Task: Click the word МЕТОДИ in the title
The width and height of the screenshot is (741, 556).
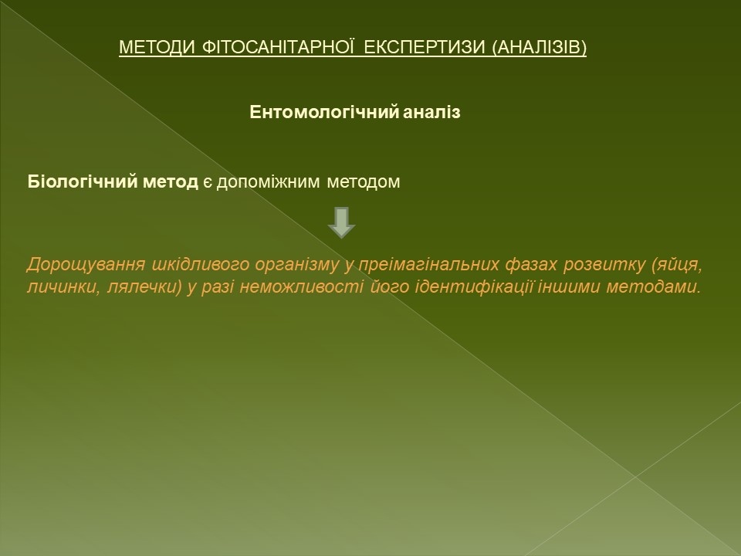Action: (157, 47)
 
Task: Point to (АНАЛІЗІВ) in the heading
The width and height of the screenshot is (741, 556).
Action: (540, 47)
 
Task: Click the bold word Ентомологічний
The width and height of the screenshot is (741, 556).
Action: (325, 113)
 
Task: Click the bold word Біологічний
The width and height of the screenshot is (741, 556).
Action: (83, 181)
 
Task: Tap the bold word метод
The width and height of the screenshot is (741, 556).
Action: (170, 182)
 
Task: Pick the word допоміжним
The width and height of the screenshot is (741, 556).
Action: (268, 182)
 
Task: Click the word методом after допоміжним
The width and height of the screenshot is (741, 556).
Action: (364, 182)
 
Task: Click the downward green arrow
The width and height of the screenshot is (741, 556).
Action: (341, 222)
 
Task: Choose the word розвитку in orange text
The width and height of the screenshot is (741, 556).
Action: (604, 265)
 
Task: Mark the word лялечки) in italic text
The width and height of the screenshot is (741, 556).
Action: (145, 287)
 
